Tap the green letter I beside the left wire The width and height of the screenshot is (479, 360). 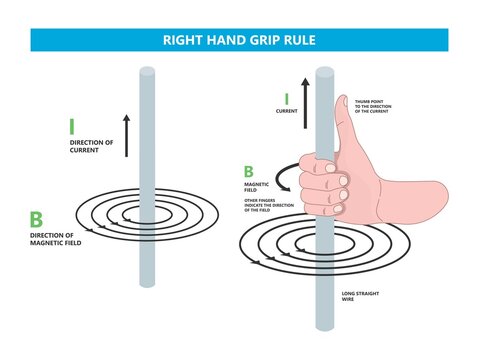[71, 127]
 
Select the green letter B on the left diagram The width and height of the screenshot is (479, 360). [37, 219]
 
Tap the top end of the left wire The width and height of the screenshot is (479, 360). [147, 72]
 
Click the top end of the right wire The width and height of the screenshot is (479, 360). [325, 73]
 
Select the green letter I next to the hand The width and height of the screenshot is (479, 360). [287, 99]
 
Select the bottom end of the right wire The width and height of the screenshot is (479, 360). [325, 324]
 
